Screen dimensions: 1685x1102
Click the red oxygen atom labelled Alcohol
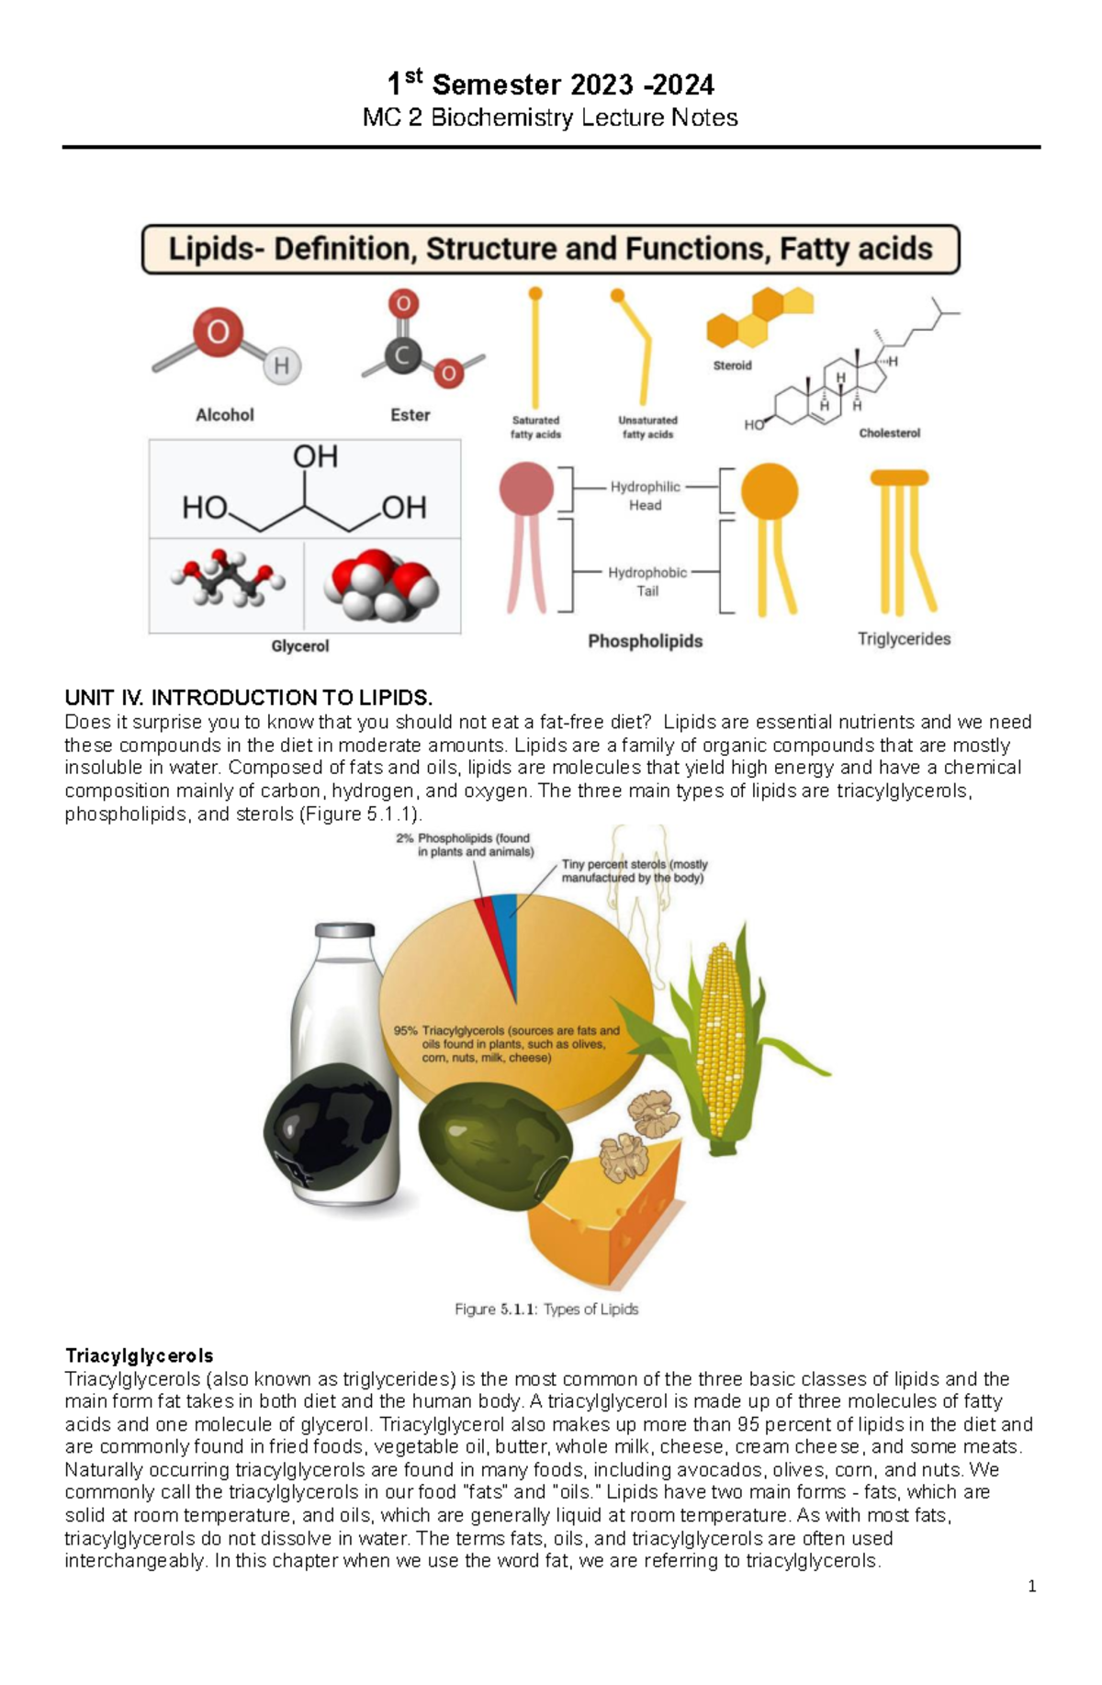[x=218, y=331]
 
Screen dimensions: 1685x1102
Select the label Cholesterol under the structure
[x=889, y=432]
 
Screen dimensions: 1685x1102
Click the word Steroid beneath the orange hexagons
[x=732, y=365]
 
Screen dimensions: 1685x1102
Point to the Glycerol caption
[x=299, y=646]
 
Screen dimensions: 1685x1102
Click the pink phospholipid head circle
[x=526, y=489]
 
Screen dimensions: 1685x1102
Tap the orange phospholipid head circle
[x=769, y=491]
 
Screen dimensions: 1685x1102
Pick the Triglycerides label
[x=904, y=639]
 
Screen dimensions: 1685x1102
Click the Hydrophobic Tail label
[x=647, y=582]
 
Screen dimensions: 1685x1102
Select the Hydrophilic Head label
[x=645, y=496]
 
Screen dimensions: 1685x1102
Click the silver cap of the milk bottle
[x=344, y=930]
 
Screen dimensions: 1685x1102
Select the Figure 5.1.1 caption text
[x=546, y=1309]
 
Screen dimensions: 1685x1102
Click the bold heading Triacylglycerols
[x=139, y=1355]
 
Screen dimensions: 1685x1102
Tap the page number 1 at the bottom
[x=1032, y=1586]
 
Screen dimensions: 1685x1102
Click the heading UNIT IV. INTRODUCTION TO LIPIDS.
[x=248, y=698]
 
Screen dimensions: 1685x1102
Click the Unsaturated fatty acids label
[x=647, y=427]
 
